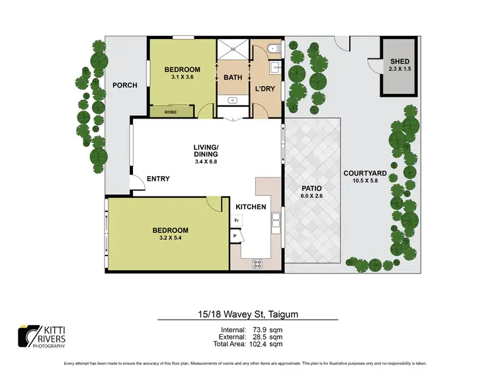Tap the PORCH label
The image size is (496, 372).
coord(124,85)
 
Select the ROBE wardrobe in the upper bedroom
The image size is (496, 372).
coord(171,112)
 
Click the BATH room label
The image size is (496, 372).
coord(233,77)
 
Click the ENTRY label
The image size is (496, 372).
coord(158,179)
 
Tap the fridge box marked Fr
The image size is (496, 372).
coord(237,220)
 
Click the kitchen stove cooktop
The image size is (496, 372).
coord(257,264)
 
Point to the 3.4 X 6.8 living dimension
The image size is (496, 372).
coord(206,160)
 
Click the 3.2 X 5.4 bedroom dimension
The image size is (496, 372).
coord(170,239)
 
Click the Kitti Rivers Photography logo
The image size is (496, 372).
coord(42,336)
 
